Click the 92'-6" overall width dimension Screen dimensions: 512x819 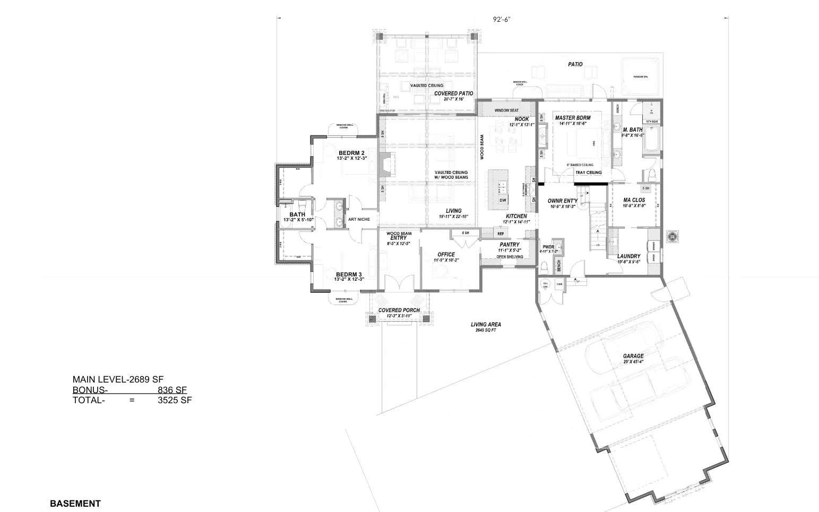501,20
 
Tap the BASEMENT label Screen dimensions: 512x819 75,504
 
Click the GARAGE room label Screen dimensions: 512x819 633,357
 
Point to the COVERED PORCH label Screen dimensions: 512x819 399,310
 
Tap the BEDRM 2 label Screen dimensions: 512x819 351,153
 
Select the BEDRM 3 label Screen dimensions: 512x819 349,274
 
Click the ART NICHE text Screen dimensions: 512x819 359,219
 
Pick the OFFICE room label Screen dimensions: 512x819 446,255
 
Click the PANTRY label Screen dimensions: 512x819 509,245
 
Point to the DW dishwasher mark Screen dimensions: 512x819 502,200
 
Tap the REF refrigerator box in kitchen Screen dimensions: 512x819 501,233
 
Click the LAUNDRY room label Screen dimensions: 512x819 628,256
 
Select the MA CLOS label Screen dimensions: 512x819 634,200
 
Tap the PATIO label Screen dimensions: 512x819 575,64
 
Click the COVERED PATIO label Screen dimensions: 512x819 454,93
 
